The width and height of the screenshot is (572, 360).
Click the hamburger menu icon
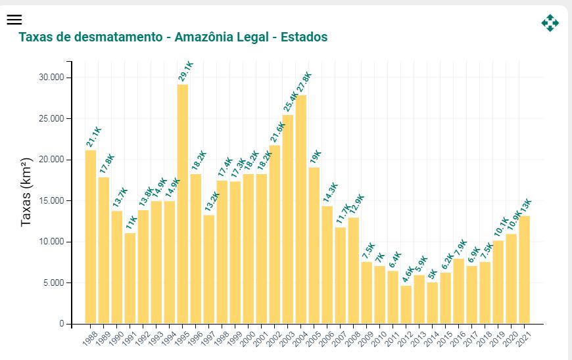[14, 20]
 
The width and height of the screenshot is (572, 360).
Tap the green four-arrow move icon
[550, 23]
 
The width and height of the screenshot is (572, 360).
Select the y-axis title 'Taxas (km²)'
[26, 192]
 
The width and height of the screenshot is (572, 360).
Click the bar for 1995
[183, 204]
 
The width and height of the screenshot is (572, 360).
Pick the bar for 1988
[91, 236]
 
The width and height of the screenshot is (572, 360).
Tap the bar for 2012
[406, 304]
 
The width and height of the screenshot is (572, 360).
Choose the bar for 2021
[525, 269]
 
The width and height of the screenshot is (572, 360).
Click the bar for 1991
[130, 278]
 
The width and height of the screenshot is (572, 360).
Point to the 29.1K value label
[185, 71]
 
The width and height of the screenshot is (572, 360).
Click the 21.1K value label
[93, 137]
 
